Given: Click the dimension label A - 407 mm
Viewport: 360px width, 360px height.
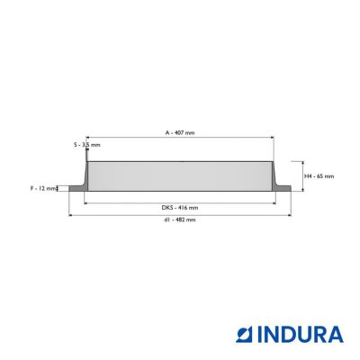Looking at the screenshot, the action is click(x=180, y=132).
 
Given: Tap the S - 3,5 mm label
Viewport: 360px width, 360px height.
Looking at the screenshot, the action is click(x=87, y=145).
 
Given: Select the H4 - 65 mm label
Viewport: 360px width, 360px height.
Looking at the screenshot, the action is click(x=319, y=176).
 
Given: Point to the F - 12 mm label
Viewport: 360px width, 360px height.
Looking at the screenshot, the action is click(x=43, y=189).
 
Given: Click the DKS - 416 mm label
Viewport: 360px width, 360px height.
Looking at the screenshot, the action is click(x=180, y=208).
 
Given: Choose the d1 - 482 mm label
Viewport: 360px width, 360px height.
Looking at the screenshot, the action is click(x=180, y=220).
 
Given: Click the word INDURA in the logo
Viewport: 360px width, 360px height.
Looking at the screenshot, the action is click(x=301, y=335).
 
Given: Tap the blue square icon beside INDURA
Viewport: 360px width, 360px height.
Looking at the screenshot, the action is click(x=245, y=335).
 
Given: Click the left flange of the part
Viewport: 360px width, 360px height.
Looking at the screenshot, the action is click(x=76, y=188).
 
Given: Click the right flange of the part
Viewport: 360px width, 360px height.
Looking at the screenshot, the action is click(x=283, y=188).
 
